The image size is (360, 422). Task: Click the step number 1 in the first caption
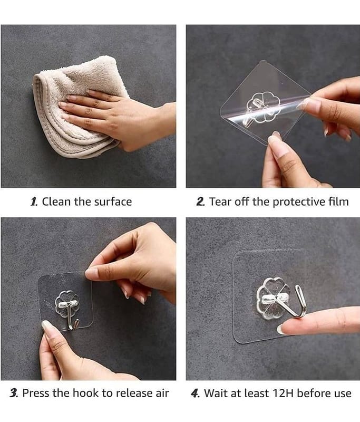tap(34, 202)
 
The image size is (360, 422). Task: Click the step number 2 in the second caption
tap(201, 202)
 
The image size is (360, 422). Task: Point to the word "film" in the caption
tap(338, 202)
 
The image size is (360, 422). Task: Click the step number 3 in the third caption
tap(14, 393)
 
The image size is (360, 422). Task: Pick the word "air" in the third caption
tap(162, 393)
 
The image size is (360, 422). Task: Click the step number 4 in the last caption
tap(195, 393)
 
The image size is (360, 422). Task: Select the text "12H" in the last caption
tap(283, 393)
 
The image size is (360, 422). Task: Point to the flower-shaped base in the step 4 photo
tap(273, 299)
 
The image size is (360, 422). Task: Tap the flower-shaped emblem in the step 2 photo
tap(263, 107)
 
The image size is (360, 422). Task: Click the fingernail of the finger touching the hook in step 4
tap(281, 329)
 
